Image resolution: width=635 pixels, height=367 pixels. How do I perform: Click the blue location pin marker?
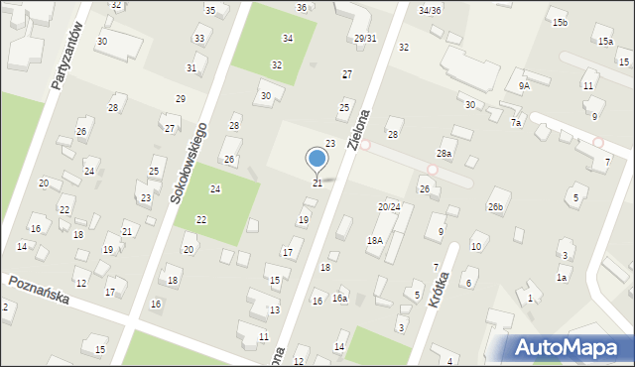tap(317, 159)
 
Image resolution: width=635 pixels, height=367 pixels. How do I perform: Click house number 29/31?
tap(365, 38)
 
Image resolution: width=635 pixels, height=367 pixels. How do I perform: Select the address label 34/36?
tap(429, 10)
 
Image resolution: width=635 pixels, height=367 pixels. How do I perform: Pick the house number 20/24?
tap(389, 206)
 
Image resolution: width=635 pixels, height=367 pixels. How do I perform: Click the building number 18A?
tap(374, 240)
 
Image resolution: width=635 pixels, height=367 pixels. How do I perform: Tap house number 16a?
tap(339, 298)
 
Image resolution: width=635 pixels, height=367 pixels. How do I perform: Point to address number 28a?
tap(444, 154)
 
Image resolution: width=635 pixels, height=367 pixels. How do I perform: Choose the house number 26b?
tap(495, 206)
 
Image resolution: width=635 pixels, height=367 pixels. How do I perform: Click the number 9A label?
tap(524, 86)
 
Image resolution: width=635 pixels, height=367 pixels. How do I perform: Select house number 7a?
tap(515, 122)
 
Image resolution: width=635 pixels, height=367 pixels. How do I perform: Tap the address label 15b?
tap(560, 22)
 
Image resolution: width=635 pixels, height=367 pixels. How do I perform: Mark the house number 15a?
tap(605, 42)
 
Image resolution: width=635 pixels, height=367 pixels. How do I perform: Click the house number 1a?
tap(561, 277)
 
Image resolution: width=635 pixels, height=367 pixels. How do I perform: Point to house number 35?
tap(210, 10)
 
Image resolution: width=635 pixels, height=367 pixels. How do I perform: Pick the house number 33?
tap(199, 39)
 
